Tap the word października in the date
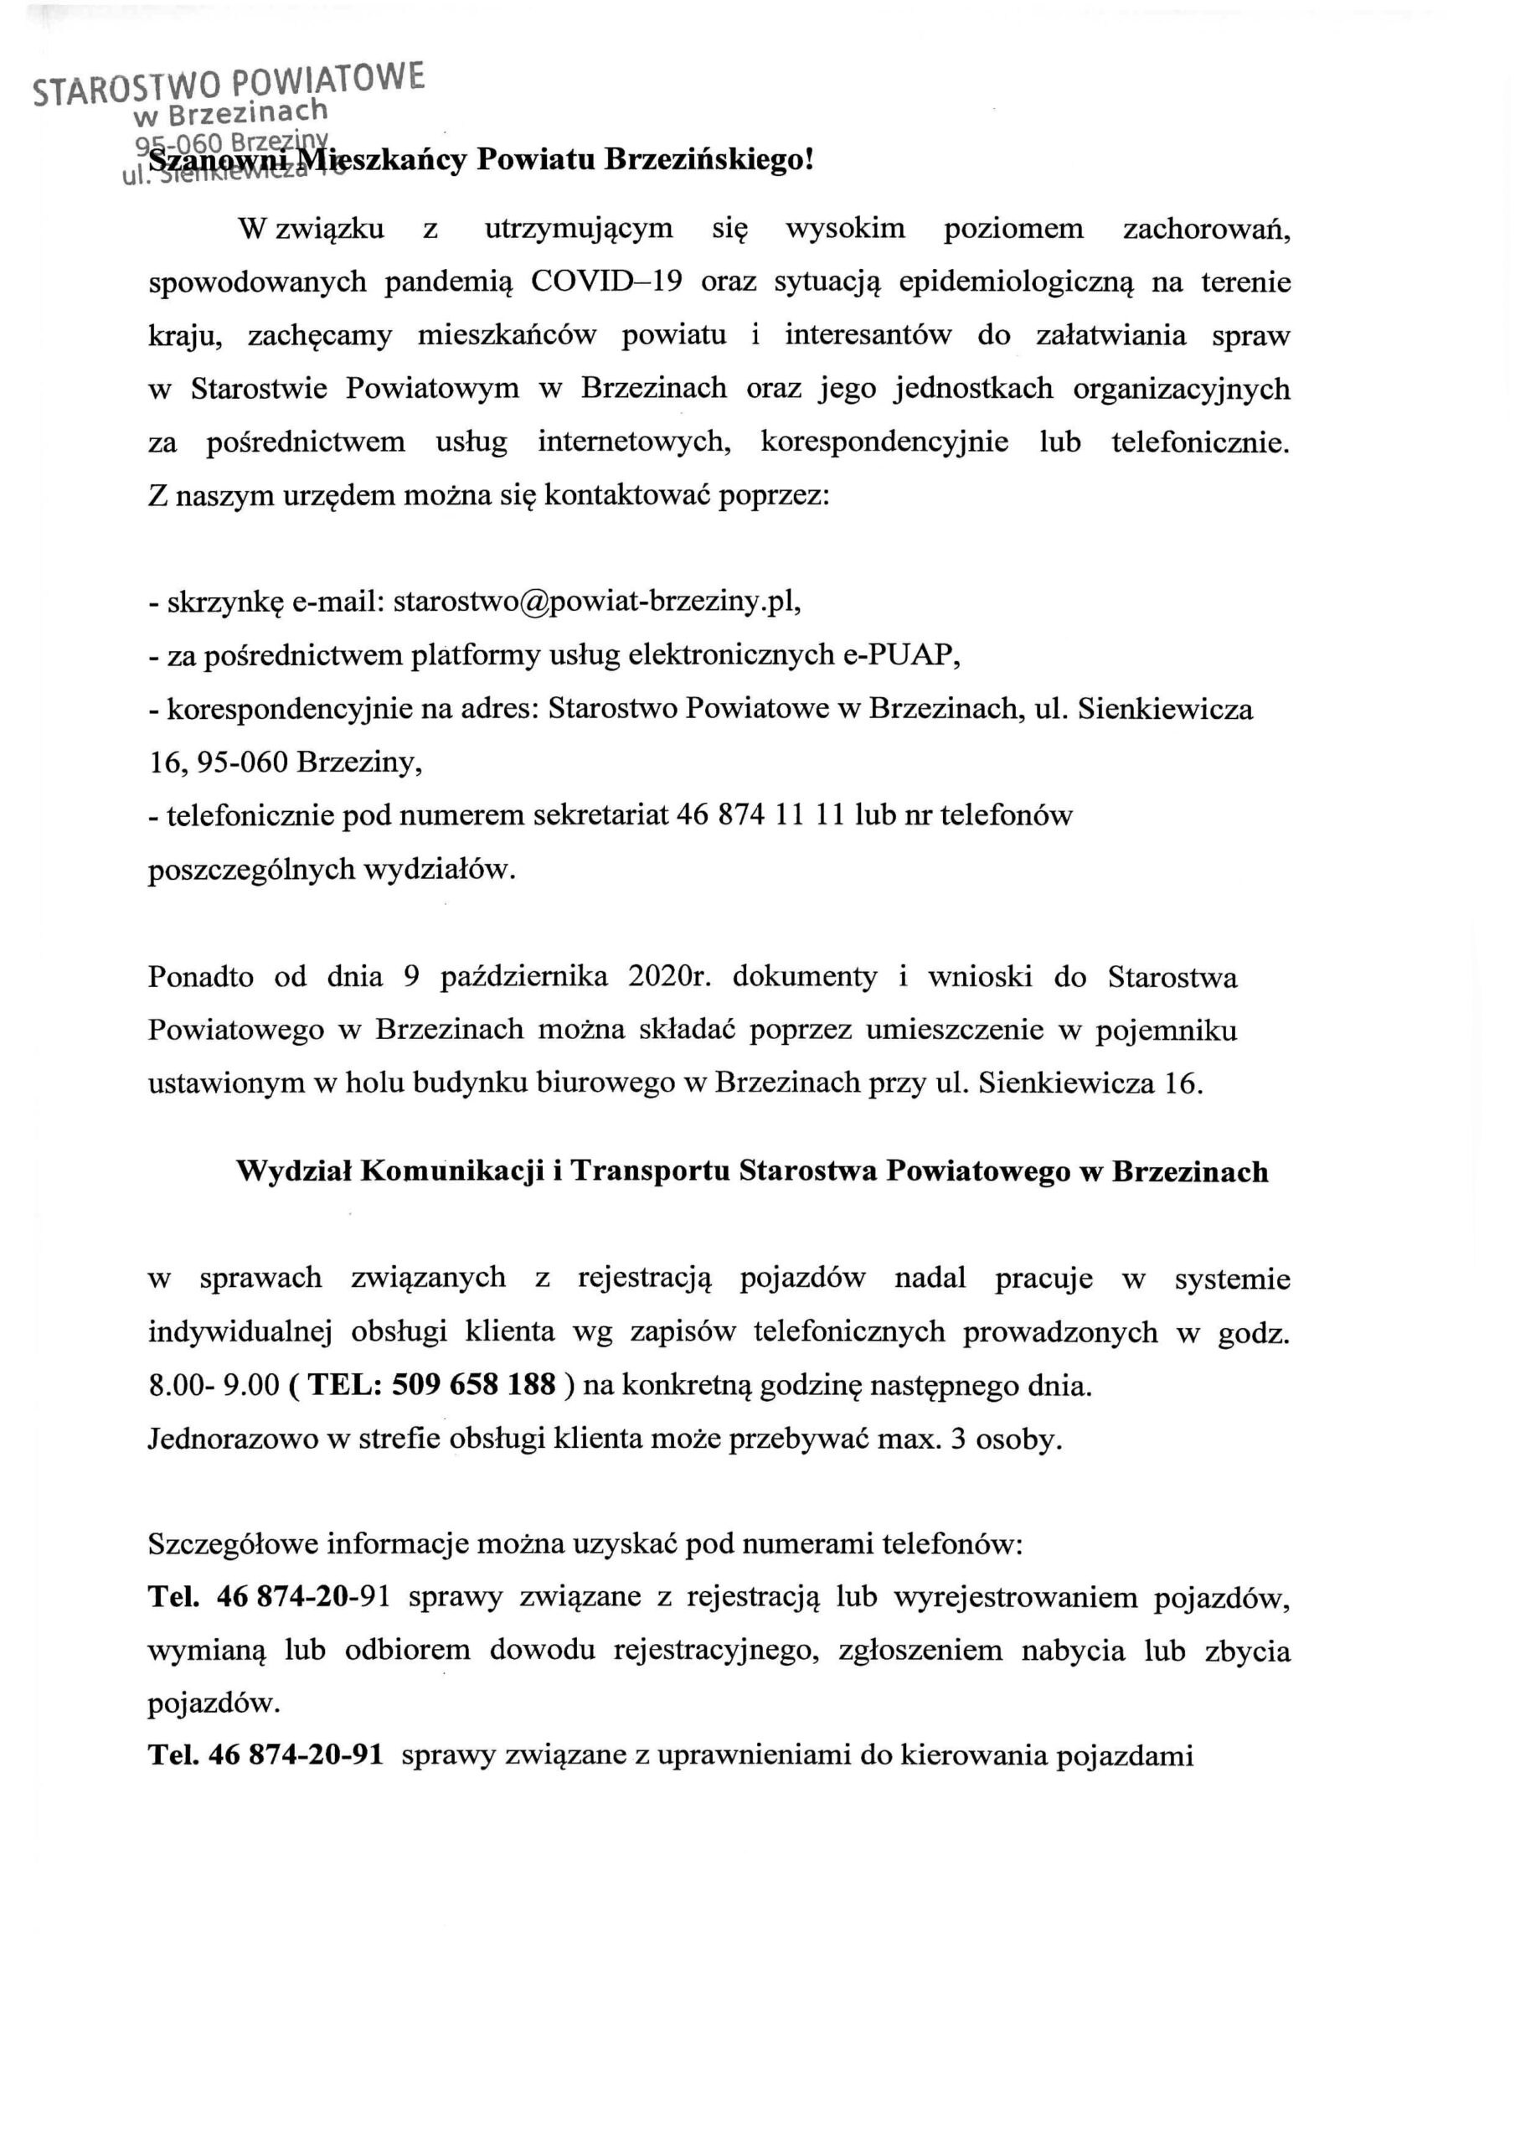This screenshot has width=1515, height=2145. [524, 977]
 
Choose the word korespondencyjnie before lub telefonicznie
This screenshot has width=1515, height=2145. [884, 442]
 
